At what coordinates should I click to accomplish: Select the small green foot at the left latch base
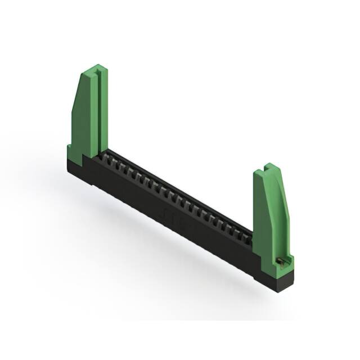click(x=71, y=150)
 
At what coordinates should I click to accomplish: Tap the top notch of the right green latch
click(x=269, y=168)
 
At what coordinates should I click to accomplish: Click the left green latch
click(x=88, y=112)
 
